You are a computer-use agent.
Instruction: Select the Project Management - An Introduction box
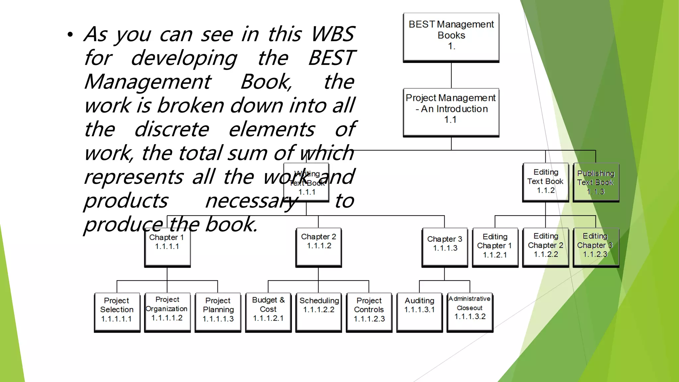click(451, 112)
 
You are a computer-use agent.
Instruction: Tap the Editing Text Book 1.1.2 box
click(545, 182)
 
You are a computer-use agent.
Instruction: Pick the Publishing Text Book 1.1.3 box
click(596, 182)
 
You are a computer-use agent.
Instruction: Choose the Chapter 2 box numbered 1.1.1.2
click(319, 247)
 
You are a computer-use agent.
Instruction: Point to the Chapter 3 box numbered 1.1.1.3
click(445, 247)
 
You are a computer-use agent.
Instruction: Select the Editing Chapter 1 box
click(495, 247)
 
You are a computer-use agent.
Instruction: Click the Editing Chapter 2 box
click(545, 247)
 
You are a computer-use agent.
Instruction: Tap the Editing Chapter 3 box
click(596, 247)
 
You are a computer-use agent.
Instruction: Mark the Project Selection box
click(117, 312)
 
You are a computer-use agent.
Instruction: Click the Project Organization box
click(167, 312)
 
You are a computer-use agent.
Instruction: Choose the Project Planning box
click(218, 312)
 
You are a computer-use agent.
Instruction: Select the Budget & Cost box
click(268, 312)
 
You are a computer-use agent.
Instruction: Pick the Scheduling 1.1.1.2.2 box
click(319, 312)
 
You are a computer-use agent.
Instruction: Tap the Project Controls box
click(369, 312)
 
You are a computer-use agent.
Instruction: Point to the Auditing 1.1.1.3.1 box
click(419, 312)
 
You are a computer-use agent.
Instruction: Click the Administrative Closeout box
click(470, 312)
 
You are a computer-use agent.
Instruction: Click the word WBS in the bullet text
click(333, 34)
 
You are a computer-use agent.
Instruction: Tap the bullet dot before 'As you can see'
click(70, 35)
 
